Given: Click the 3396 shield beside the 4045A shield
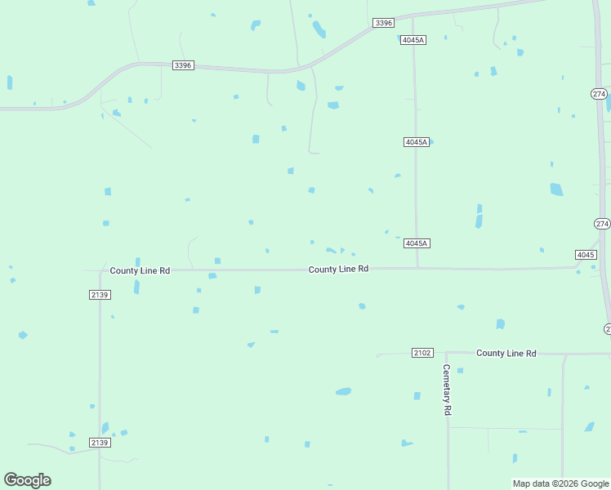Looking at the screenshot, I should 384,23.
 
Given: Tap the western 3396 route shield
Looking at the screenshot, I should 183,65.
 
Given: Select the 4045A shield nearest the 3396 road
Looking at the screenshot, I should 414,40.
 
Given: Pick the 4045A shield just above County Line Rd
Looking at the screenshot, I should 417,243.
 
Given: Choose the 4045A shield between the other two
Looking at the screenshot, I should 417,142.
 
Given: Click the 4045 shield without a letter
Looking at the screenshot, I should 586,255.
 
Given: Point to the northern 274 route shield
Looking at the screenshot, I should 599,95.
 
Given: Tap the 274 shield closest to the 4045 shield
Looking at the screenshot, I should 602,224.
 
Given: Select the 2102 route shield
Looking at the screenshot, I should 422,353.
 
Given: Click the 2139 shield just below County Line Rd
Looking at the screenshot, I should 100,294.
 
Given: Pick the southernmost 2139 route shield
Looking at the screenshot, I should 100,443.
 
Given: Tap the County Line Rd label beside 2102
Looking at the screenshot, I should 506,353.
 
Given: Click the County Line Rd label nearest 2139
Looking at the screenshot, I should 140,270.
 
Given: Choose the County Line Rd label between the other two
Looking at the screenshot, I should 338,269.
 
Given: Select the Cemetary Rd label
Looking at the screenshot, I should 447,390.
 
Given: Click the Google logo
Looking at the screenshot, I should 28,480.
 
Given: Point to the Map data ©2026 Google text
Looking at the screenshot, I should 561,483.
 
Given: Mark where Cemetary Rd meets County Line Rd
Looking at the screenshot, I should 447,354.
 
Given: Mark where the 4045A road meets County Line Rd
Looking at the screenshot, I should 417,267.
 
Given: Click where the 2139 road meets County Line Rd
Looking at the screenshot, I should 100,270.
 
